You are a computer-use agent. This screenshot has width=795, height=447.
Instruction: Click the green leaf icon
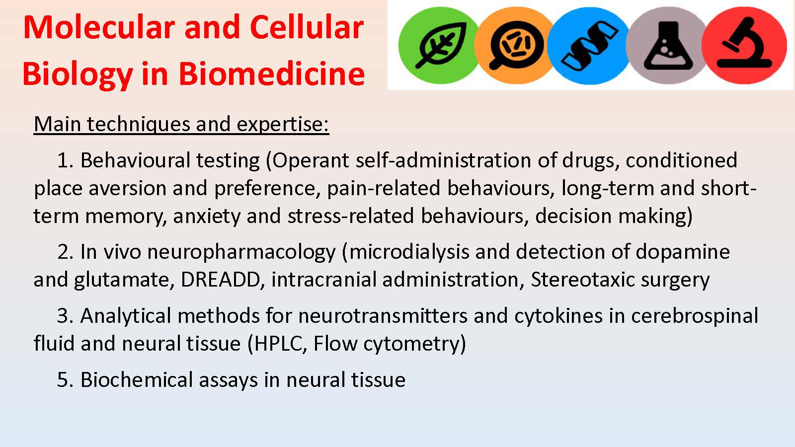click(x=439, y=45)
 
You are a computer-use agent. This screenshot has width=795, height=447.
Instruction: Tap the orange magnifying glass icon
click(x=515, y=45)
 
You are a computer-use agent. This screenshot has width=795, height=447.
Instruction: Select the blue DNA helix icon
click(x=589, y=45)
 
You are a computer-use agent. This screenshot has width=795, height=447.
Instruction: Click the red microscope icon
click(x=744, y=45)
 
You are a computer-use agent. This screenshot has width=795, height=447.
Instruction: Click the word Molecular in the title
click(x=100, y=28)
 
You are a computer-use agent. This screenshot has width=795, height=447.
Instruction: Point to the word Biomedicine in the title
click(x=271, y=74)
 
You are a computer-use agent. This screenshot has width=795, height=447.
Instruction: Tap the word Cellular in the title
click(x=307, y=28)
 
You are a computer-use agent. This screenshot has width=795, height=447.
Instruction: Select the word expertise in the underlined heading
click(x=283, y=125)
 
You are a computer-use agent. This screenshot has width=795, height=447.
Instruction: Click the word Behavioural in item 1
click(x=135, y=160)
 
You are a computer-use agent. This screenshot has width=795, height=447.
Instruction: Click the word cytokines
click(x=558, y=316)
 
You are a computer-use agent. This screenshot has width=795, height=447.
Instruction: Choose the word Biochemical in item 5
click(x=137, y=380)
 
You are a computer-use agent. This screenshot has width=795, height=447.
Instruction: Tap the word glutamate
click(x=124, y=280)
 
